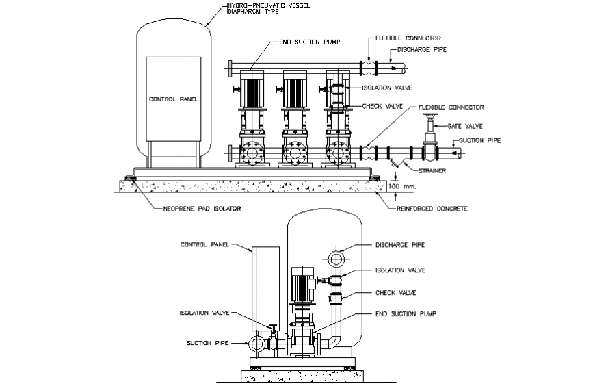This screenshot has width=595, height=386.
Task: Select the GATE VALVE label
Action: click(x=464, y=126)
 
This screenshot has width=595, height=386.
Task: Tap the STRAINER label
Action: click(x=432, y=170)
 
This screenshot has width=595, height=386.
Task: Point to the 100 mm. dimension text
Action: click(x=401, y=185)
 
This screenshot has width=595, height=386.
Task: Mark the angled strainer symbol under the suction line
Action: click(x=395, y=164)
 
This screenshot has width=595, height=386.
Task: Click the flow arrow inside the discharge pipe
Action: click(x=392, y=68)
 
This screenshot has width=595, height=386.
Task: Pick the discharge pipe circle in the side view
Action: click(x=336, y=259)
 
